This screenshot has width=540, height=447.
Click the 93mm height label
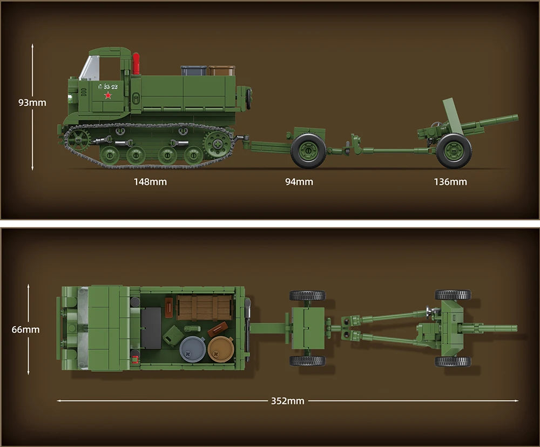[32, 103]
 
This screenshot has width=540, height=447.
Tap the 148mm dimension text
[150, 182]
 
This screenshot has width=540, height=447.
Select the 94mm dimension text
[299, 182]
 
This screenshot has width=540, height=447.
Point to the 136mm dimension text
[450, 182]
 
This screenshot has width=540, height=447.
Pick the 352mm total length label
[287, 401]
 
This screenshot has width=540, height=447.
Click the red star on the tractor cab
[107, 96]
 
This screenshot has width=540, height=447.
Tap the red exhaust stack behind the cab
[136, 63]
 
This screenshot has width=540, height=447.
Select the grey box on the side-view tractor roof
[193, 71]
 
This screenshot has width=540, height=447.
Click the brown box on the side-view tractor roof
[221, 71]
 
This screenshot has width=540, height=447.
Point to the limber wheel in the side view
[308, 151]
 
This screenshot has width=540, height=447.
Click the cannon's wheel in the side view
[454, 151]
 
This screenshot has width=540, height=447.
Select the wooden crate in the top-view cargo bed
[204, 307]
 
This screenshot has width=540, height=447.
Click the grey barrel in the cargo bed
[192, 349]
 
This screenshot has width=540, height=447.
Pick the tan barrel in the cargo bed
[221, 349]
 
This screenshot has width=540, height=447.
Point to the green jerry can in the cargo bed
[173, 335]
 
